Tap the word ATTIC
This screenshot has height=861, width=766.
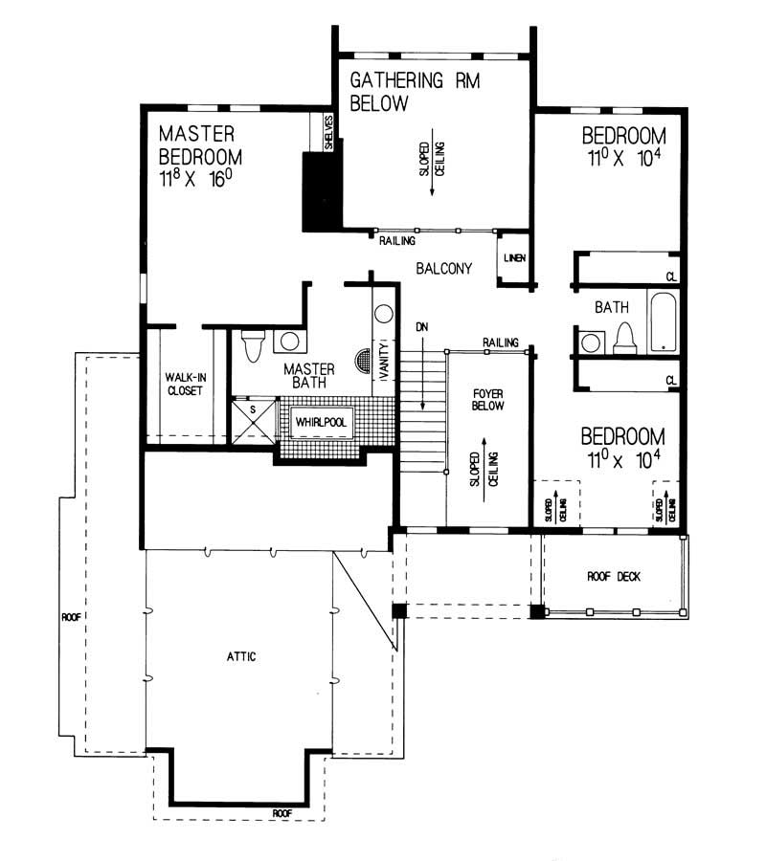click(x=241, y=656)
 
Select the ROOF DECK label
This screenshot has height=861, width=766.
click(x=613, y=577)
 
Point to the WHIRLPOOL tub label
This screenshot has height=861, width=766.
click(x=320, y=422)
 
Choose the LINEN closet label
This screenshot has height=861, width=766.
click(x=512, y=258)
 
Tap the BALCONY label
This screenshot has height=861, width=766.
click(x=443, y=270)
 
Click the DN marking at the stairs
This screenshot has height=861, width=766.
click(x=420, y=328)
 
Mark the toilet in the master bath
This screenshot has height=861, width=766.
click(x=253, y=344)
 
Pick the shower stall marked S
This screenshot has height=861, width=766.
click(x=253, y=419)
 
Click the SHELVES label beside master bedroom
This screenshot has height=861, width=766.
click(x=327, y=132)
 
